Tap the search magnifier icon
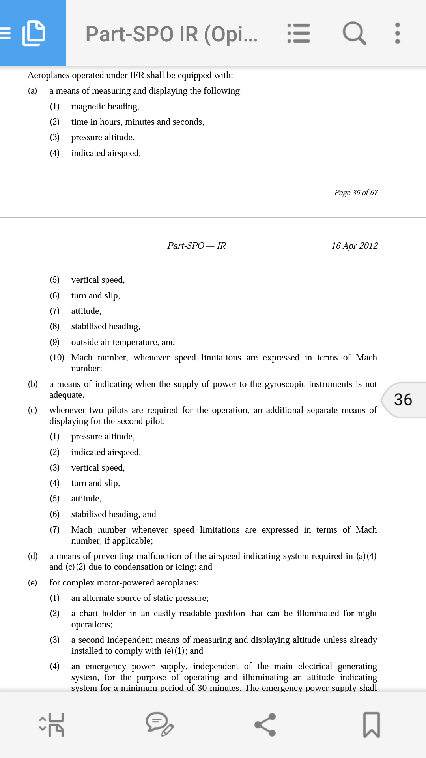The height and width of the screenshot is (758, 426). (354, 33)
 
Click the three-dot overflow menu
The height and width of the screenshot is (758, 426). (397, 33)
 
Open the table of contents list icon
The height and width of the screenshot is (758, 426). (299, 33)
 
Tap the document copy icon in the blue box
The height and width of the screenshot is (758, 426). (34, 33)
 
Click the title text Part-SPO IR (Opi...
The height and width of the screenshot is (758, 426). (171, 34)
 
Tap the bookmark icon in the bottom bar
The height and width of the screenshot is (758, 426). (371, 725)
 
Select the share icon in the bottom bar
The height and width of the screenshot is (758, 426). (265, 725)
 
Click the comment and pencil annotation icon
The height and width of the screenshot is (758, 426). (159, 725)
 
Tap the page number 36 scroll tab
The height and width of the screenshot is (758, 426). (403, 400)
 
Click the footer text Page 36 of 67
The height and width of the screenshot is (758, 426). (356, 193)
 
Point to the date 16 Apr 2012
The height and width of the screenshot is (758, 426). (354, 246)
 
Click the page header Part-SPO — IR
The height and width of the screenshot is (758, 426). (196, 246)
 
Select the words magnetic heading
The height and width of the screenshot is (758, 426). (105, 107)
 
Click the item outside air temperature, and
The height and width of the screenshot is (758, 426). (123, 342)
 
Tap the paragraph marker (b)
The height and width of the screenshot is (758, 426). (33, 384)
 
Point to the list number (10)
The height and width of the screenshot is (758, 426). (57, 358)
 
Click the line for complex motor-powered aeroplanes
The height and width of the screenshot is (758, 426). (124, 583)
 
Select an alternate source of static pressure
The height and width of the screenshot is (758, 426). (140, 598)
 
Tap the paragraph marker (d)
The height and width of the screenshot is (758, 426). (33, 556)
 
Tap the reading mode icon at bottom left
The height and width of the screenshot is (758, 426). (52, 725)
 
